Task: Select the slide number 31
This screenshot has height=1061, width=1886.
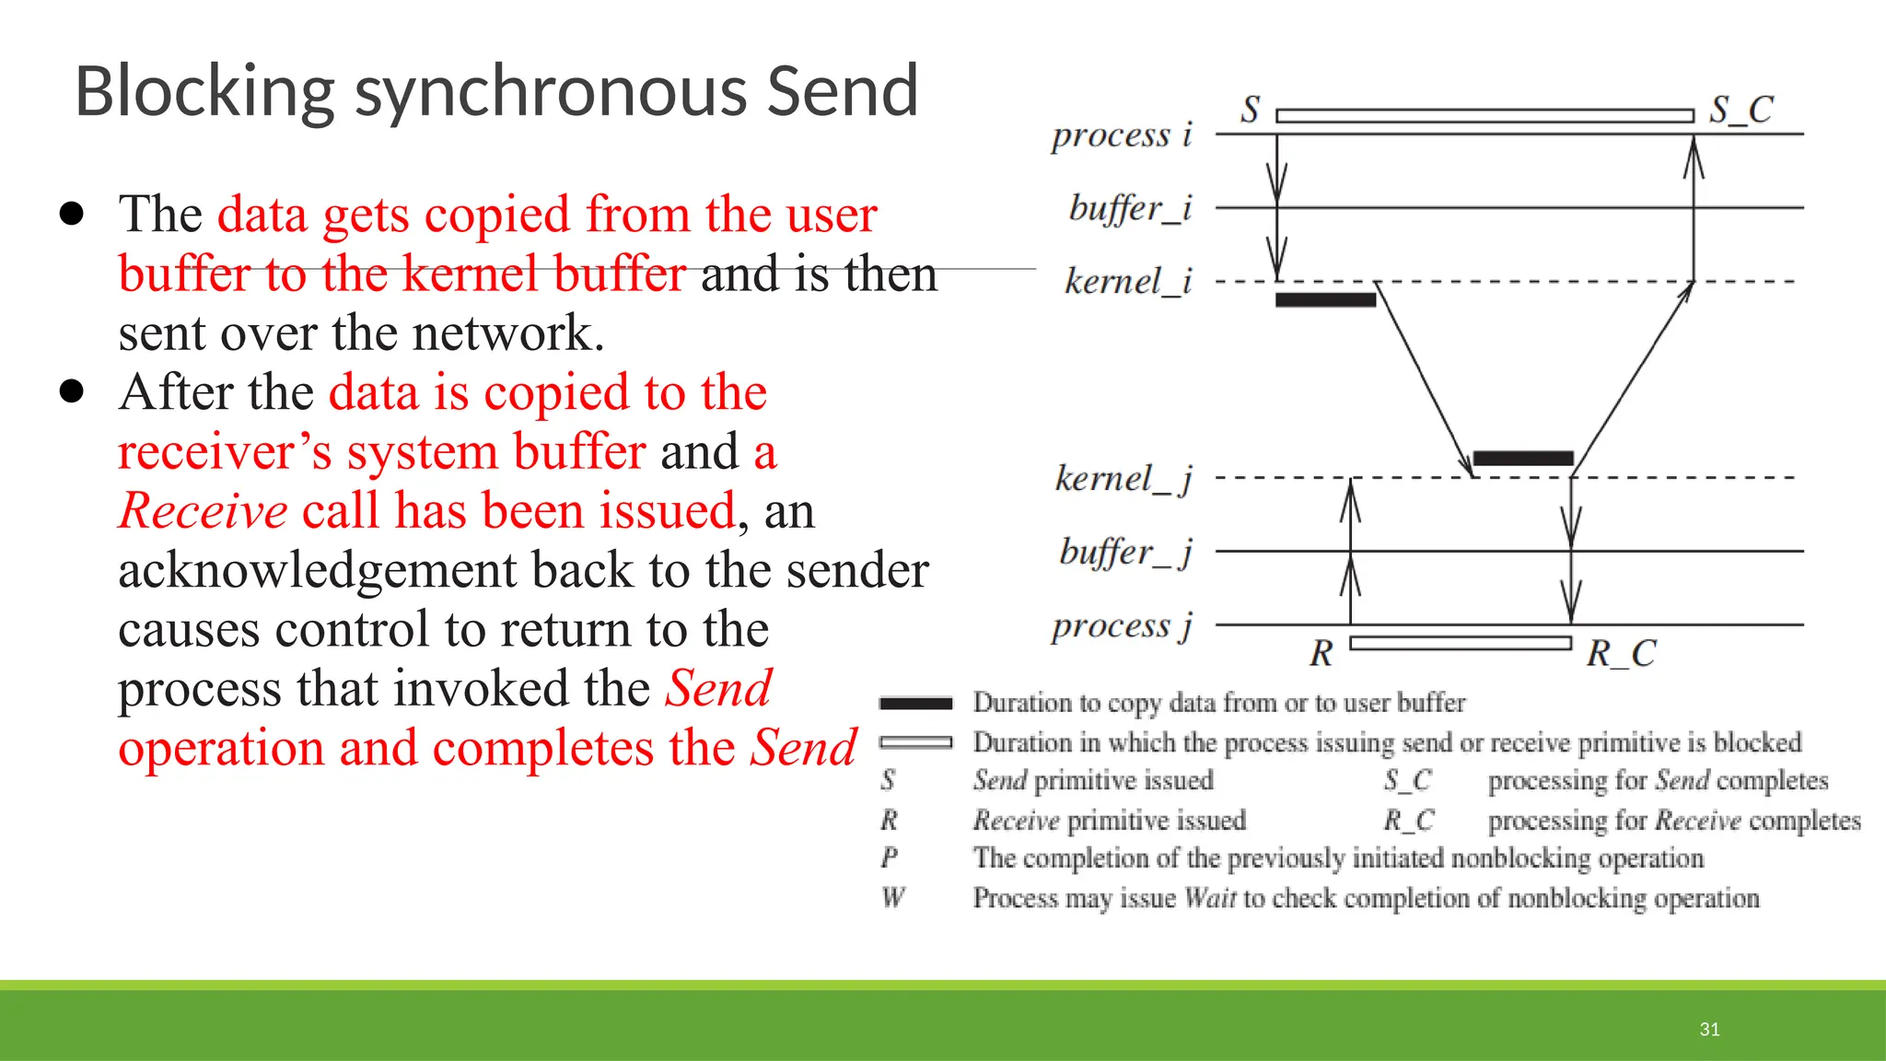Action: (x=1709, y=1029)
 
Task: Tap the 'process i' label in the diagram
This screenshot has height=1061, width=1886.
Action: (x=1122, y=135)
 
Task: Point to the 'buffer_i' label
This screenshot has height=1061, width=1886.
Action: (x=1130, y=208)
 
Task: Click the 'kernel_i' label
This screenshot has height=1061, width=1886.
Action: (x=1128, y=281)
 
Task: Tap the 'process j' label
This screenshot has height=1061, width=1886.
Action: (x=1122, y=625)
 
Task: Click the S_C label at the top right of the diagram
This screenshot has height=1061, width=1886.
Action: (x=1740, y=110)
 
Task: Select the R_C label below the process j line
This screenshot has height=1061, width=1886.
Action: (x=1621, y=653)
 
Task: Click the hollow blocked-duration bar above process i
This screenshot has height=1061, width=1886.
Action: (x=1484, y=116)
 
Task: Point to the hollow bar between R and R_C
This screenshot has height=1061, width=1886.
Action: (x=1461, y=643)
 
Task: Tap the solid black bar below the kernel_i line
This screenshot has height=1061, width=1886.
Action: (x=1325, y=299)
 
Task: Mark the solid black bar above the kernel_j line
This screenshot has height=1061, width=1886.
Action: (x=1523, y=459)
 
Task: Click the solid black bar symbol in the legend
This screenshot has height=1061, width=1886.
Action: (x=915, y=704)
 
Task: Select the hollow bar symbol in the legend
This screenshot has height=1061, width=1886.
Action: (x=915, y=742)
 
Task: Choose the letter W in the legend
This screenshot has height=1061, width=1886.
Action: (x=892, y=897)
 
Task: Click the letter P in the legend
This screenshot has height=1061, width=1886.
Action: (x=889, y=857)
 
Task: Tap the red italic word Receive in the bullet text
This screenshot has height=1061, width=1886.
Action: (x=204, y=511)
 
